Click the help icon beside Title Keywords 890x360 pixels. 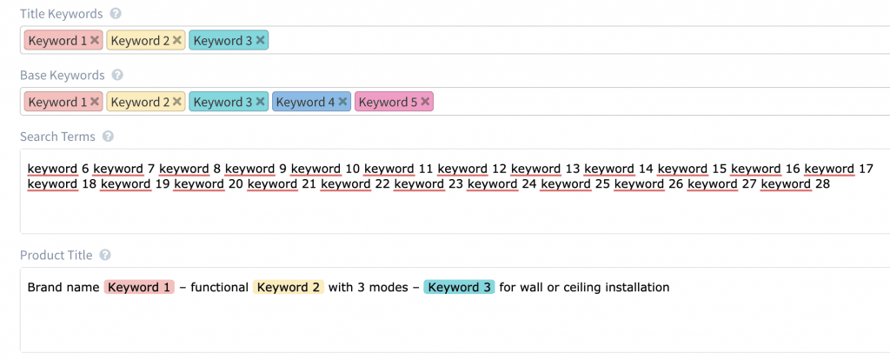(x=116, y=14)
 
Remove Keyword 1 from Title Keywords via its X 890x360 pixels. (x=94, y=40)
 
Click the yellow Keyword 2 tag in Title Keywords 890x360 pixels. (x=146, y=40)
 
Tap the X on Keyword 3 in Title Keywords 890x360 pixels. (x=260, y=40)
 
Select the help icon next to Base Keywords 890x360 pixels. (x=117, y=75)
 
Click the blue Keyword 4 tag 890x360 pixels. (x=312, y=103)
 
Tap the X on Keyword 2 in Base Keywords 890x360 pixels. (x=177, y=103)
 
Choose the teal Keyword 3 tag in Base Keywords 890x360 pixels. (x=229, y=103)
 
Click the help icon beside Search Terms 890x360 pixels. (x=109, y=137)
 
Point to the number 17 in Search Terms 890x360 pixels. (x=867, y=169)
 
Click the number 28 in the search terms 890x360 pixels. (x=822, y=184)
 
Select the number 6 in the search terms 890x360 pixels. (x=86, y=169)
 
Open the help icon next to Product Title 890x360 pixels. (x=104, y=256)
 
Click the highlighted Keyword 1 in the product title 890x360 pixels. (x=140, y=287)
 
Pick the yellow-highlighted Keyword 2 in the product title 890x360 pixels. (x=289, y=287)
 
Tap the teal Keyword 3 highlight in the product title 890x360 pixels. (x=459, y=287)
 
